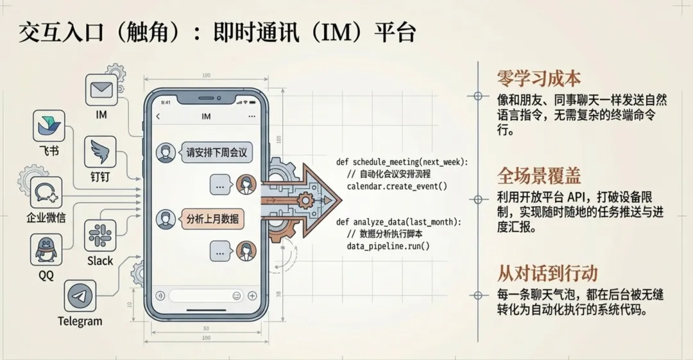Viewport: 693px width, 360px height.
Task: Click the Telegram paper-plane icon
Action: point(80,297)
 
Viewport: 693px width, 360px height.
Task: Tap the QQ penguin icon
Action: point(46,250)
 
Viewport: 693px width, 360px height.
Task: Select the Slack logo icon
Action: point(100,236)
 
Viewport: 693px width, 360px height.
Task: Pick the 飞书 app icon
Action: point(49,126)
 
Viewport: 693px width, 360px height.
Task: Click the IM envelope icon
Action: point(101,90)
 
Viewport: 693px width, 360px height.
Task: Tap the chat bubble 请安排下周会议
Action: point(216,153)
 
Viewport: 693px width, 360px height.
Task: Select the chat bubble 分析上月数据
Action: point(211,219)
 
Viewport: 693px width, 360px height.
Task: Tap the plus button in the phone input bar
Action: point(252,296)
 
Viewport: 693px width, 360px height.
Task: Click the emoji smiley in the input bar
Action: point(237,296)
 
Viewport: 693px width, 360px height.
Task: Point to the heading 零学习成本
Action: point(538,78)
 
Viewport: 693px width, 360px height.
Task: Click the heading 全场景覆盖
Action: point(538,176)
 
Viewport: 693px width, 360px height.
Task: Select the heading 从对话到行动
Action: point(547,273)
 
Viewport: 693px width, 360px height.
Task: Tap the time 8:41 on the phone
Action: point(166,102)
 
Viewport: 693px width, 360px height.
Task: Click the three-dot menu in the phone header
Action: point(252,117)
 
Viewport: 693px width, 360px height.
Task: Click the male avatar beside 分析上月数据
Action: point(166,219)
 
